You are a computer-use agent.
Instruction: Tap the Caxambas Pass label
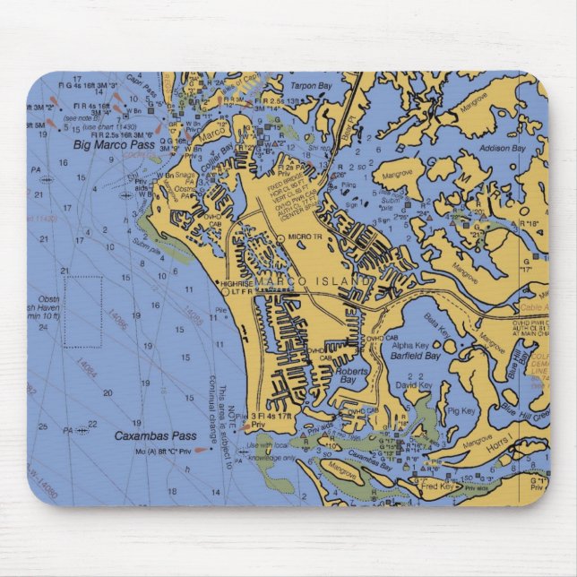pyautogui.click(x=142, y=435)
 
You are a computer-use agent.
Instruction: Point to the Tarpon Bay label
pyautogui.click(x=311, y=87)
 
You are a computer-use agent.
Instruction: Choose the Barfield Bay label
pyautogui.click(x=415, y=356)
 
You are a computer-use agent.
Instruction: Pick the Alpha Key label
pyautogui.click(x=410, y=344)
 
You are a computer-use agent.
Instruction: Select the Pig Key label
pyautogui.click(x=461, y=410)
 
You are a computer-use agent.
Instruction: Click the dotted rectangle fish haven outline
pyautogui.click(x=82, y=311)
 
